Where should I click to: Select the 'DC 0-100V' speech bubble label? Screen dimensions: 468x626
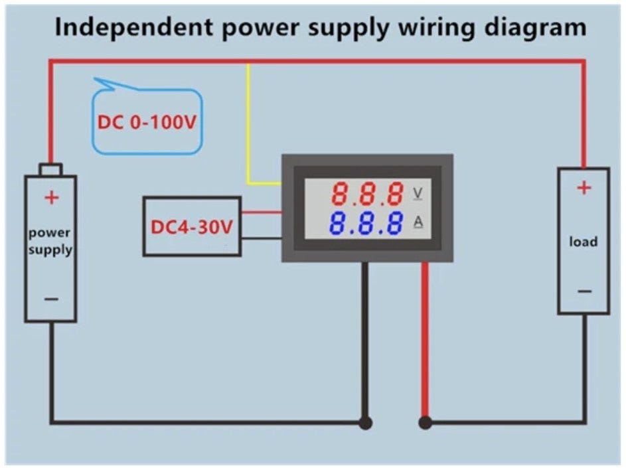tap(147, 123)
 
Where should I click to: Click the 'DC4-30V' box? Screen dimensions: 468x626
tap(192, 226)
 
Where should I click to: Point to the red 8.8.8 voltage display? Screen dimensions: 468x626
tap(368, 194)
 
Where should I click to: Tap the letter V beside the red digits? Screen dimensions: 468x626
tap(418, 193)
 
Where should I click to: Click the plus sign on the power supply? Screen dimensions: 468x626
tap(51, 197)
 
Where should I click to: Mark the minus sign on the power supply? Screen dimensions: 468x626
tap(51, 299)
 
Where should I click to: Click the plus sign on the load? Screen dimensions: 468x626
tap(584, 189)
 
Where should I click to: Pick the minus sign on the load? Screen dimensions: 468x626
tap(584, 291)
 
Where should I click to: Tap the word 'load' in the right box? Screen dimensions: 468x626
tap(583, 242)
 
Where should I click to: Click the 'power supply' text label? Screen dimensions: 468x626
tap(50, 242)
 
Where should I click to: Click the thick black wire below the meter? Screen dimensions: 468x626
tap(364, 339)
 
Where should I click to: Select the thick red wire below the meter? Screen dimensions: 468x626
tap(425, 339)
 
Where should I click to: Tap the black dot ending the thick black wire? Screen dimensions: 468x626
tap(364, 422)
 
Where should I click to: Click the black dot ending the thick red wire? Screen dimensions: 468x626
tap(425, 422)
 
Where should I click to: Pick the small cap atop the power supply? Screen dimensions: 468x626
tap(50, 169)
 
